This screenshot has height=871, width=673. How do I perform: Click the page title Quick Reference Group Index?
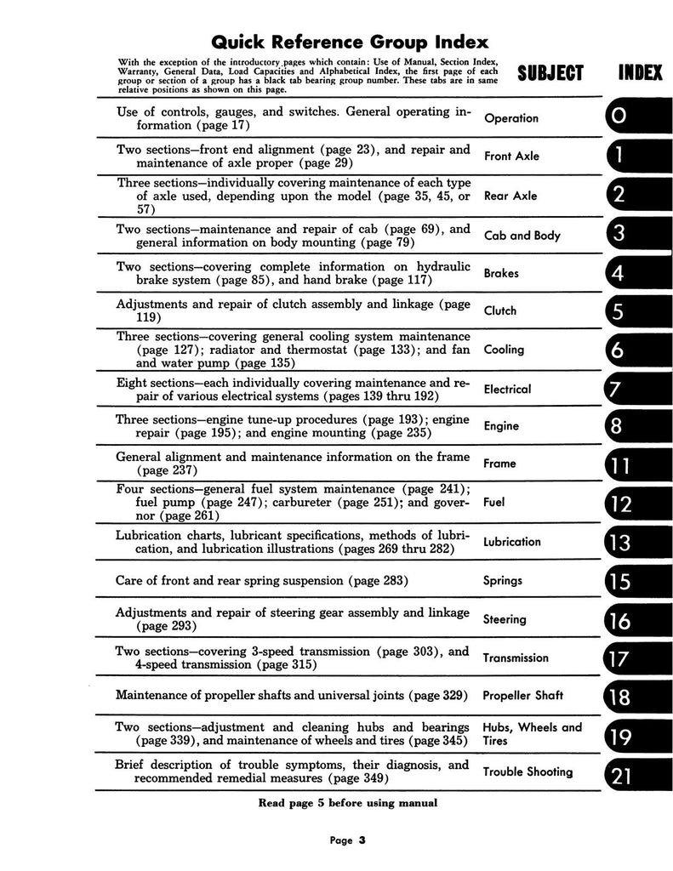click(x=349, y=42)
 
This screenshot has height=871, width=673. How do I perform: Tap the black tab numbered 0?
click(x=634, y=118)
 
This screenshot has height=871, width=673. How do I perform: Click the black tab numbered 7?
click(x=634, y=390)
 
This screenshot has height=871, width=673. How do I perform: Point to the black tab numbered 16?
click(x=634, y=622)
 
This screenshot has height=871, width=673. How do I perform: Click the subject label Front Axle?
click(x=511, y=157)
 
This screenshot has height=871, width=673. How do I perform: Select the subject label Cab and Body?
click(x=522, y=235)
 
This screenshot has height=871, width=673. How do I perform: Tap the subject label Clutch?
click(x=499, y=310)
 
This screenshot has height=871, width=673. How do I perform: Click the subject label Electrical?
click(x=507, y=390)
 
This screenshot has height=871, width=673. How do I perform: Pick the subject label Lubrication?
click(x=511, y=542)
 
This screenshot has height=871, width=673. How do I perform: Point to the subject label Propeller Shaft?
click(x=522, y=696)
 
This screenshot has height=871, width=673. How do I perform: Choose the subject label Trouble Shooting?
click(x=528, y=772)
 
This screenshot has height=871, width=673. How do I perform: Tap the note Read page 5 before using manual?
click(x=347, y=803)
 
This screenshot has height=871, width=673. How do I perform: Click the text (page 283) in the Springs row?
click(x=372, y=581)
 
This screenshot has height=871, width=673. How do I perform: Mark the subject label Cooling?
click(x=504, y=350)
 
